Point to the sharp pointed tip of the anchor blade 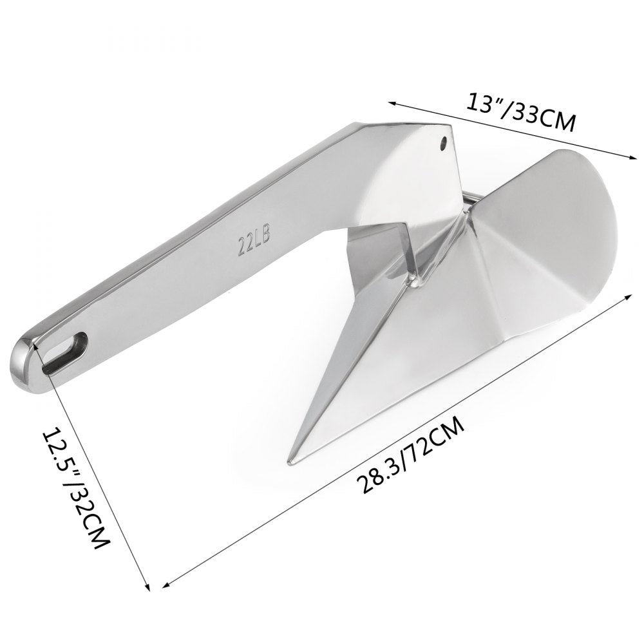(x=290, y=461)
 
